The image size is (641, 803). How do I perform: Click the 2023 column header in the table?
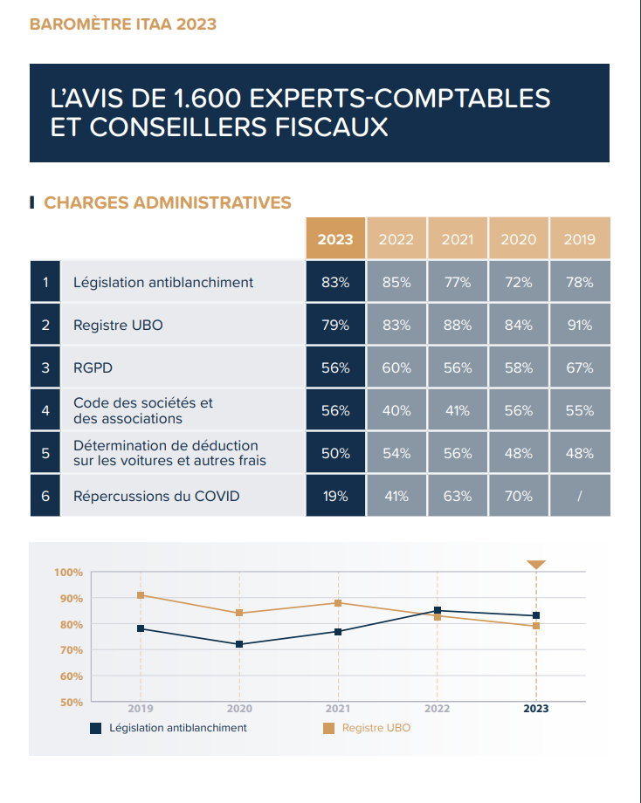335,239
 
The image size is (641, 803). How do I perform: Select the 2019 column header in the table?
579,239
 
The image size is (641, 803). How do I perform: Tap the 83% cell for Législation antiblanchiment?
335,282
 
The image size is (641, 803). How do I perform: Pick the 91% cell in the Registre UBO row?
579,325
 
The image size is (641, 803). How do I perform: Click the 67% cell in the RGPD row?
579,367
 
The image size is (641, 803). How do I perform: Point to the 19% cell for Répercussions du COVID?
335,496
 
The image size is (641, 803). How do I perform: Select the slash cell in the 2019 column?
579,496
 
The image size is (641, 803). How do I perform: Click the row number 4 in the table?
45,410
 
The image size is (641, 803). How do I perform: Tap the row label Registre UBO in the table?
118,325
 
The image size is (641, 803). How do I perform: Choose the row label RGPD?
93,367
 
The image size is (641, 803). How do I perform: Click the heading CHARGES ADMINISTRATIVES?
167,202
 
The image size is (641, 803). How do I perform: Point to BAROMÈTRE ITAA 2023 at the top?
123,24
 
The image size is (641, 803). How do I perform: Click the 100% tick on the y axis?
68,573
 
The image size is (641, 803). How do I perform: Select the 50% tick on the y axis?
71,702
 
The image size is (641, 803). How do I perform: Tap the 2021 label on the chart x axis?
338,709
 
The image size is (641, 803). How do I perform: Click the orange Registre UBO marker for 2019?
141,595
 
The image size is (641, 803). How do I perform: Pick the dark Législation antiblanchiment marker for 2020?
239,644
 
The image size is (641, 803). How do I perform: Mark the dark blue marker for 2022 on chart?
437,611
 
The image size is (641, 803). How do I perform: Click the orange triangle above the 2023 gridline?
536,565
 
